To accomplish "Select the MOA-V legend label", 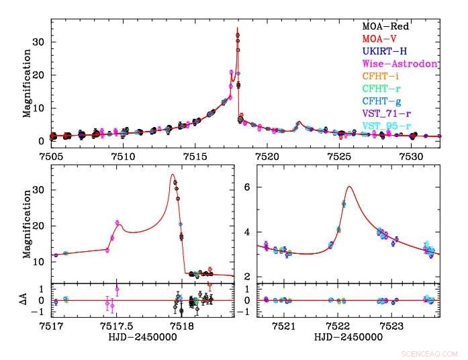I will pyautogui.click(x=381, y=39).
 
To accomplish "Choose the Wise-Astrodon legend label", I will pyautogui.click(x=400, y=64).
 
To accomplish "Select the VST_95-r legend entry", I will pyautogui.click(x=389, y=126).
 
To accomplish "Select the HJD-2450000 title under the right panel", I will pyautogui.click(x=348, y=336).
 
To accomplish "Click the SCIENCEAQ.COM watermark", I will pyautogui.click(x=428, y=352).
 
